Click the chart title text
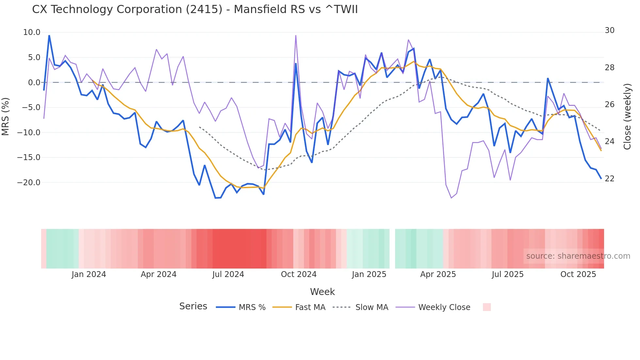(195, 9)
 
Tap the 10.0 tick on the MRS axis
(32, 32)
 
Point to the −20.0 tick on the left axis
(29, 183)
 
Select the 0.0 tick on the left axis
(34, 83)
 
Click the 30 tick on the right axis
(610, 30)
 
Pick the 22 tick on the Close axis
(610, 179)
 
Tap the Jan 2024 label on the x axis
(89, 274)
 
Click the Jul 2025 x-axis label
(507, 274)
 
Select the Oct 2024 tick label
(298, 274)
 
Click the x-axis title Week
(322, 292)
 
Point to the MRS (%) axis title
(6, 116)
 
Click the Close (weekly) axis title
(627, 116)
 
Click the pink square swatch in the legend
(487, 307)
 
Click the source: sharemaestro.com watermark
(578, 256)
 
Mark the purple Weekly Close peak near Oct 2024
(296, 36)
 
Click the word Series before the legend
(193, 306)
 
